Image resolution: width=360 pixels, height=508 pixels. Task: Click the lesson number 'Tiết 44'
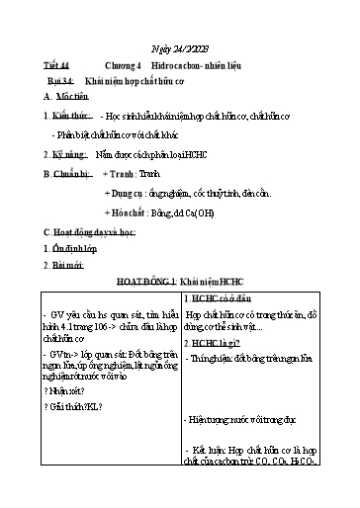pyautogui.click(x=62, y=66)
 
